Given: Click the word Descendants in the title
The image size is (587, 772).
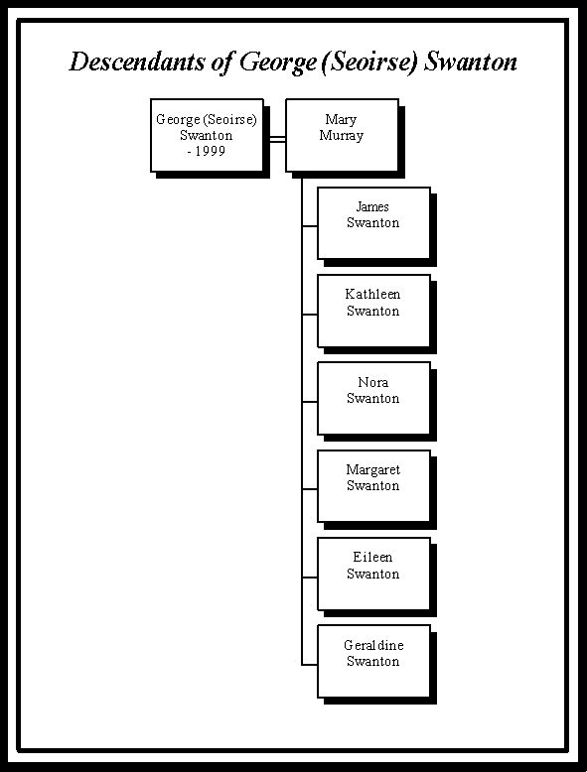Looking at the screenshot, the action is [x=137, y=63].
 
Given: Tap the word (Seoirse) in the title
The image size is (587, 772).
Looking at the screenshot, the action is [x=369, y=64].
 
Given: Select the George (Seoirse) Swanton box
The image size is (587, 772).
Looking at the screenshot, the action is [x=207, y=135].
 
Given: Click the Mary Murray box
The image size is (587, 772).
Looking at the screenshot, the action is [x=342, y=135].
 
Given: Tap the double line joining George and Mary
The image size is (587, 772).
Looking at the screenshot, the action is [x=277, y=139].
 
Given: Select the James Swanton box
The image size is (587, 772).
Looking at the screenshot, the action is [x=374, y=223].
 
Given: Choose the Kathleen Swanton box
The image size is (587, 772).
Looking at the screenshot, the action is [x=374, y=311].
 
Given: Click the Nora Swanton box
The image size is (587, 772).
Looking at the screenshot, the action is [x=374, y=398].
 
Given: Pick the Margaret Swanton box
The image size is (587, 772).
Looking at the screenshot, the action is [x=374, y=486].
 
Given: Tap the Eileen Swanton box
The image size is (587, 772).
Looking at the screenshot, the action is [x=374, y=574].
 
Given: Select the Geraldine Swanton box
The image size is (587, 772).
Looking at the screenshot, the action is [x=374, y=661].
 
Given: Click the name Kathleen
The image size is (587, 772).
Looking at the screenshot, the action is [x=372, y=295].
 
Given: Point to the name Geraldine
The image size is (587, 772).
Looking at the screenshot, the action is [x=373, y=645].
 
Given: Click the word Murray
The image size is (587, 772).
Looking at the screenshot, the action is [x=342, y=135].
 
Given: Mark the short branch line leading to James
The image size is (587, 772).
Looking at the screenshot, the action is [x=310, y=226].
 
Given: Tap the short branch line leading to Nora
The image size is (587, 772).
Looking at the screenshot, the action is [x=310, y=402].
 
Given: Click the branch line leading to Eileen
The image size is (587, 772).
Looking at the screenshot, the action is [x=310, y=578].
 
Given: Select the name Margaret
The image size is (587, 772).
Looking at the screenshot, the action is [x=373, y=470].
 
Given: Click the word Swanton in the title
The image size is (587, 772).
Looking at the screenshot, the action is [x=471, y=63].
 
